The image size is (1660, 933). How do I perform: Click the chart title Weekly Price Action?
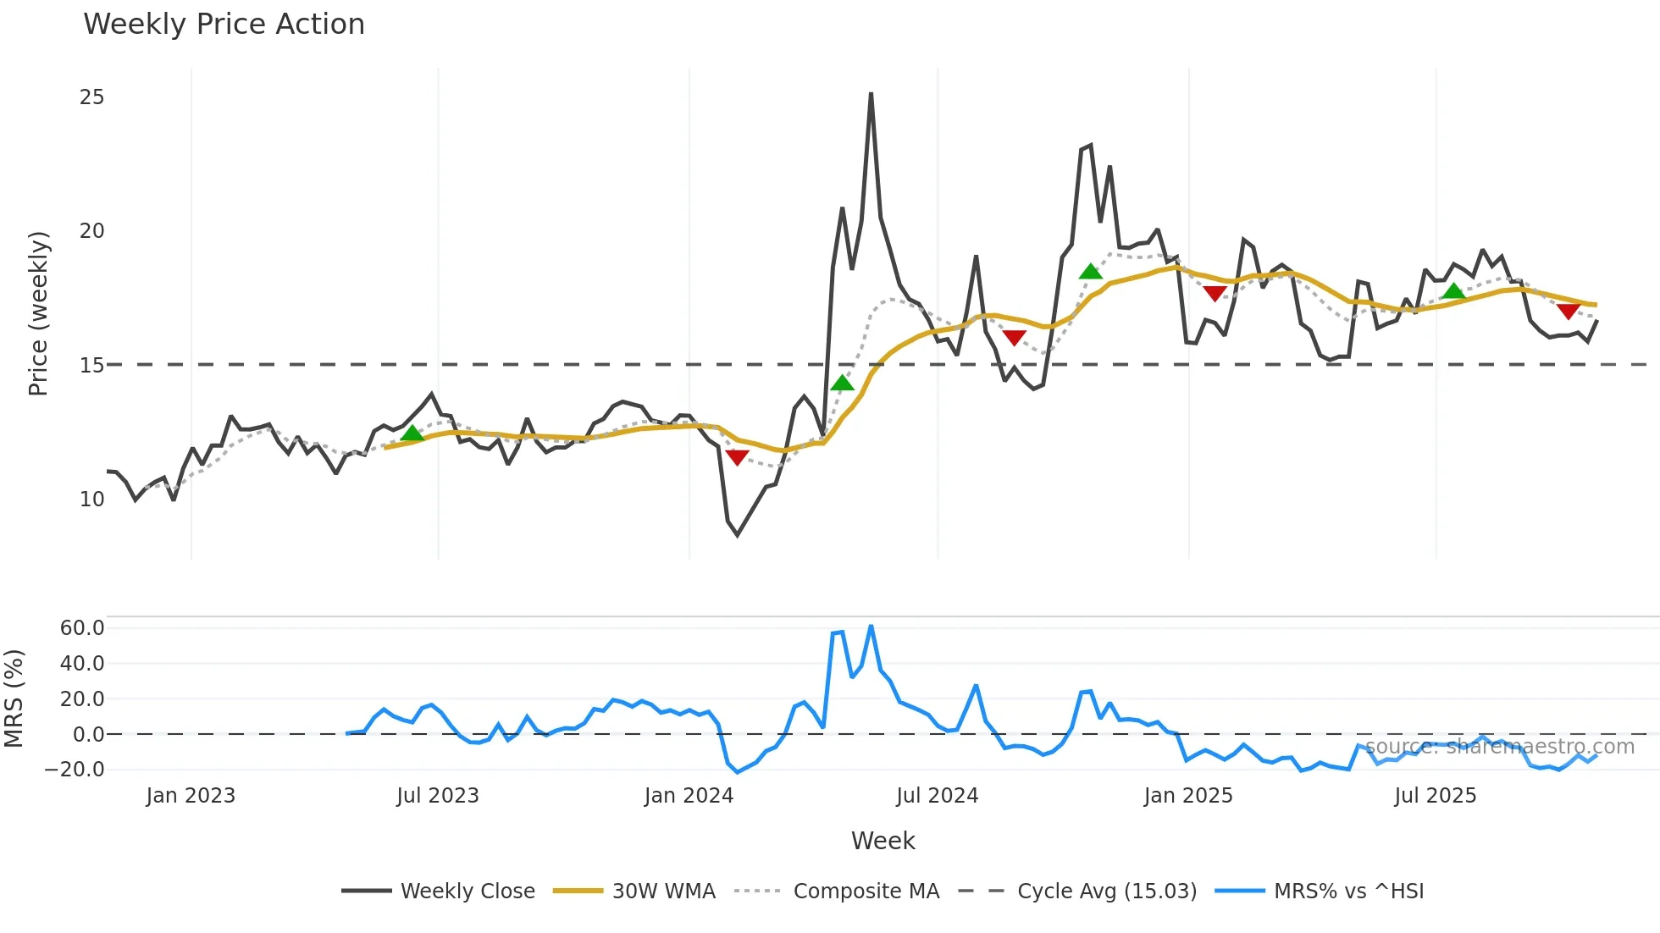[224, 25]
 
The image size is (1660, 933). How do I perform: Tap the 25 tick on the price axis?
[91, 97]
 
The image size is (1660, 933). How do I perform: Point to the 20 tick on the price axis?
[91, 231]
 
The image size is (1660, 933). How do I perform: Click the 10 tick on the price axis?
[91, 500]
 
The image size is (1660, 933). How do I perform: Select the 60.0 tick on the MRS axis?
[82, 628]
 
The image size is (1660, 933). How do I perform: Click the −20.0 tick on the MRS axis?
[75, 770]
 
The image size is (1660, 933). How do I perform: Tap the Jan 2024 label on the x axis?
[689, 796]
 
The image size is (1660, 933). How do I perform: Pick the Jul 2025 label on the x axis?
[1436, 796]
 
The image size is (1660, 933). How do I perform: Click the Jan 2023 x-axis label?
[191, 796]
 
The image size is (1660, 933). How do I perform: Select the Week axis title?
[883, 841]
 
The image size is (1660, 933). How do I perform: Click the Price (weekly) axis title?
[38, 313]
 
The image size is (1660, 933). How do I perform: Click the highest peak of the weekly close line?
[871, 93]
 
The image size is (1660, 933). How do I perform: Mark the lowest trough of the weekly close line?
[738, 535]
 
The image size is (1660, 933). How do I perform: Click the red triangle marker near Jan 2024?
[738, 457]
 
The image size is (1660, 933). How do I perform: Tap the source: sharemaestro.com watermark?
[1499, 747]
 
